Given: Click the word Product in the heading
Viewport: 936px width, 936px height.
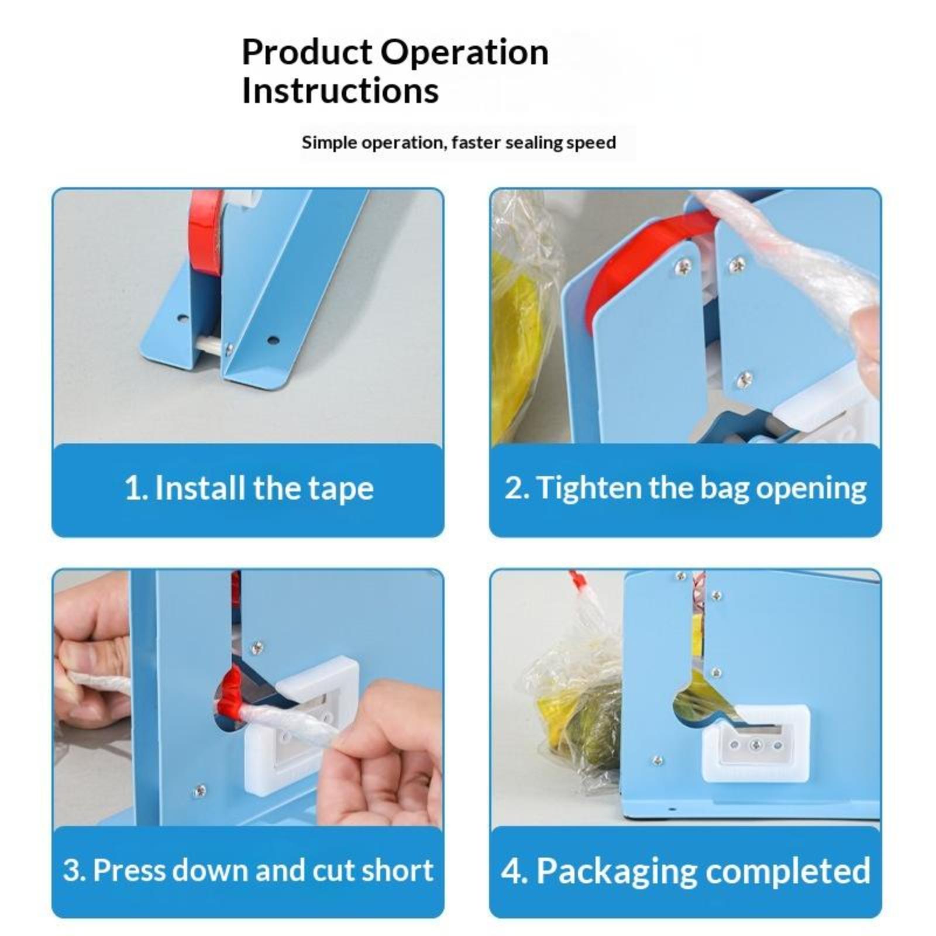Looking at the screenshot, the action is (307, 52).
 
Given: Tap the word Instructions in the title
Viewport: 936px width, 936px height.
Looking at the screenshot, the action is (340, 91).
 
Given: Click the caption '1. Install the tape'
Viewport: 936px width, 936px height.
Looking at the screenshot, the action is (249, 488).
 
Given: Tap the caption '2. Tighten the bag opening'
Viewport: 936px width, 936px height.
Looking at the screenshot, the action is (685, 488).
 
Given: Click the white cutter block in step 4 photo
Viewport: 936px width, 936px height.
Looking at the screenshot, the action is (755, 744).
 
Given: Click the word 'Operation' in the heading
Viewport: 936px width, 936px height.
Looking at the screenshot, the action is (466, 52).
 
